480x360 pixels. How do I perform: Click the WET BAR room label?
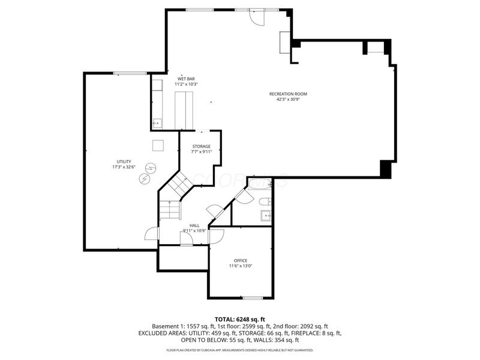[x=186, y=79]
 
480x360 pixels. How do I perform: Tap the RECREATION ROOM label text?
[x=288, y=94]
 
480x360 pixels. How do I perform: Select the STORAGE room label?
[x=201, y=146]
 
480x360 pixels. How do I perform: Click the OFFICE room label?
[x=241, y=260]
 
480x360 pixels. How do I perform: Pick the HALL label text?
[x=194, y=226]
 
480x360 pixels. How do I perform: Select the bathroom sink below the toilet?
[x=266, y=215]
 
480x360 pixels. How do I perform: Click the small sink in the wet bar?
[x=157, y=124]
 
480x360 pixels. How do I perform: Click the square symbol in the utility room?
[x=157, y=145]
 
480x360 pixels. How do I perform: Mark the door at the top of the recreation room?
[x=257, y=16]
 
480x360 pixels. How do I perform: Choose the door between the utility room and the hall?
[x=152, y=234]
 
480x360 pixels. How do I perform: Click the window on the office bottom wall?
[x=253, y=298]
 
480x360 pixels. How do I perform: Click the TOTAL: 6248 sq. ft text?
[x=240, y=319]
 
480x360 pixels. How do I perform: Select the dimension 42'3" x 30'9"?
[x=288, y=100]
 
